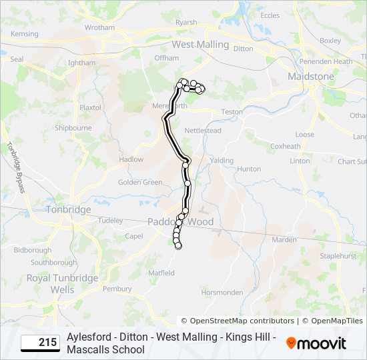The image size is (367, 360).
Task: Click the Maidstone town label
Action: pyautogui.click(x=310, y=77)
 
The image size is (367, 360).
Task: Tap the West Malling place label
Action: pyautogui.click(x=200, y=45)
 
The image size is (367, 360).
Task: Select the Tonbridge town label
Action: pyautogui.click(x=68, y=209)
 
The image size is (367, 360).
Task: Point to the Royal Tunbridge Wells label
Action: pyautogui.click(x=63, y=283)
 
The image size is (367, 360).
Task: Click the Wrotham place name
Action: pyautogui.click(x=99, y=28)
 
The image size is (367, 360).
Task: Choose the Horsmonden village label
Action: pyautogui.click(x=222, y=293)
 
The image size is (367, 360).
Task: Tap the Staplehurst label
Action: pyautogui.click(x=339, y=255)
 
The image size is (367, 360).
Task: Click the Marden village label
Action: pyautogui.click(x=284, y=240)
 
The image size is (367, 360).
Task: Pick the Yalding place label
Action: pyautogui.click(x=222, y=161)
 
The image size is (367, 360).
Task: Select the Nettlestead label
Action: pyautogui.click(x=203, y=131)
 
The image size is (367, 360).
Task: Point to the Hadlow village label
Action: pyautogui.click(x=131, y=160)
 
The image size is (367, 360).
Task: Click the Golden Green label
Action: pyautogui.click(x=140, y=183)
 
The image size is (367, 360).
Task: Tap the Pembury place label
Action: pyautogui.click(x=117, y=289)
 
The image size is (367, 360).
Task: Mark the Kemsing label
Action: pyautogui.click(x=25, y=34)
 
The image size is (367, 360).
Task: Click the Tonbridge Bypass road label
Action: pyautogui.click(x=15, y=167)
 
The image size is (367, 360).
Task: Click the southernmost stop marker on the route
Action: pyautogui.click(x=178, y=246)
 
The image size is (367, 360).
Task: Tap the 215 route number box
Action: pyautogui.click(x=39, y=343)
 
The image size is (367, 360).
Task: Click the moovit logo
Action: pyautogui.click(x=316, y=343)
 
